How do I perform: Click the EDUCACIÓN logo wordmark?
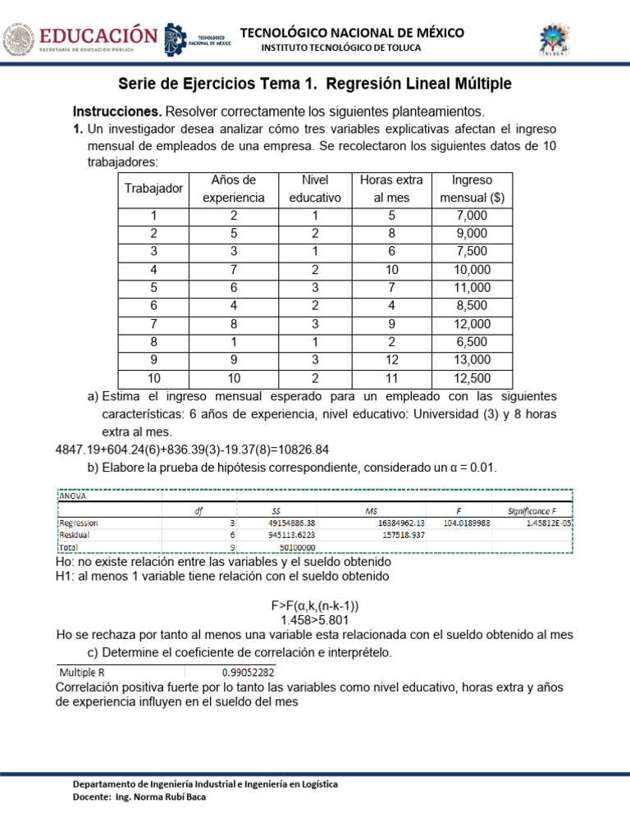98,37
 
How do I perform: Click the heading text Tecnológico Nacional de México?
351,32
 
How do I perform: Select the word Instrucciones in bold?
117,111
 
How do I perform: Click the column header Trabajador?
153,189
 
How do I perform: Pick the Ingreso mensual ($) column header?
472,189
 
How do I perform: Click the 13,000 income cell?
472,359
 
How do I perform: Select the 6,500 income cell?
472,341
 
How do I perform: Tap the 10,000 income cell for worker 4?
472,269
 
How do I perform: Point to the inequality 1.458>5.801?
315,621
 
